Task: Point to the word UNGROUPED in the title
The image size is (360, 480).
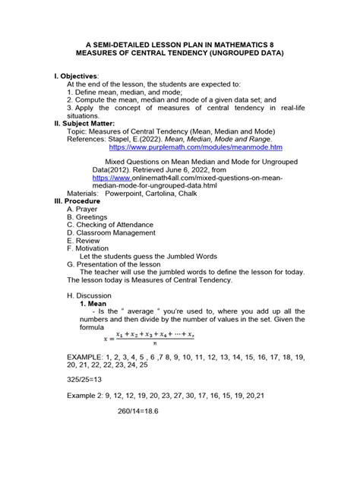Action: [228, 54]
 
